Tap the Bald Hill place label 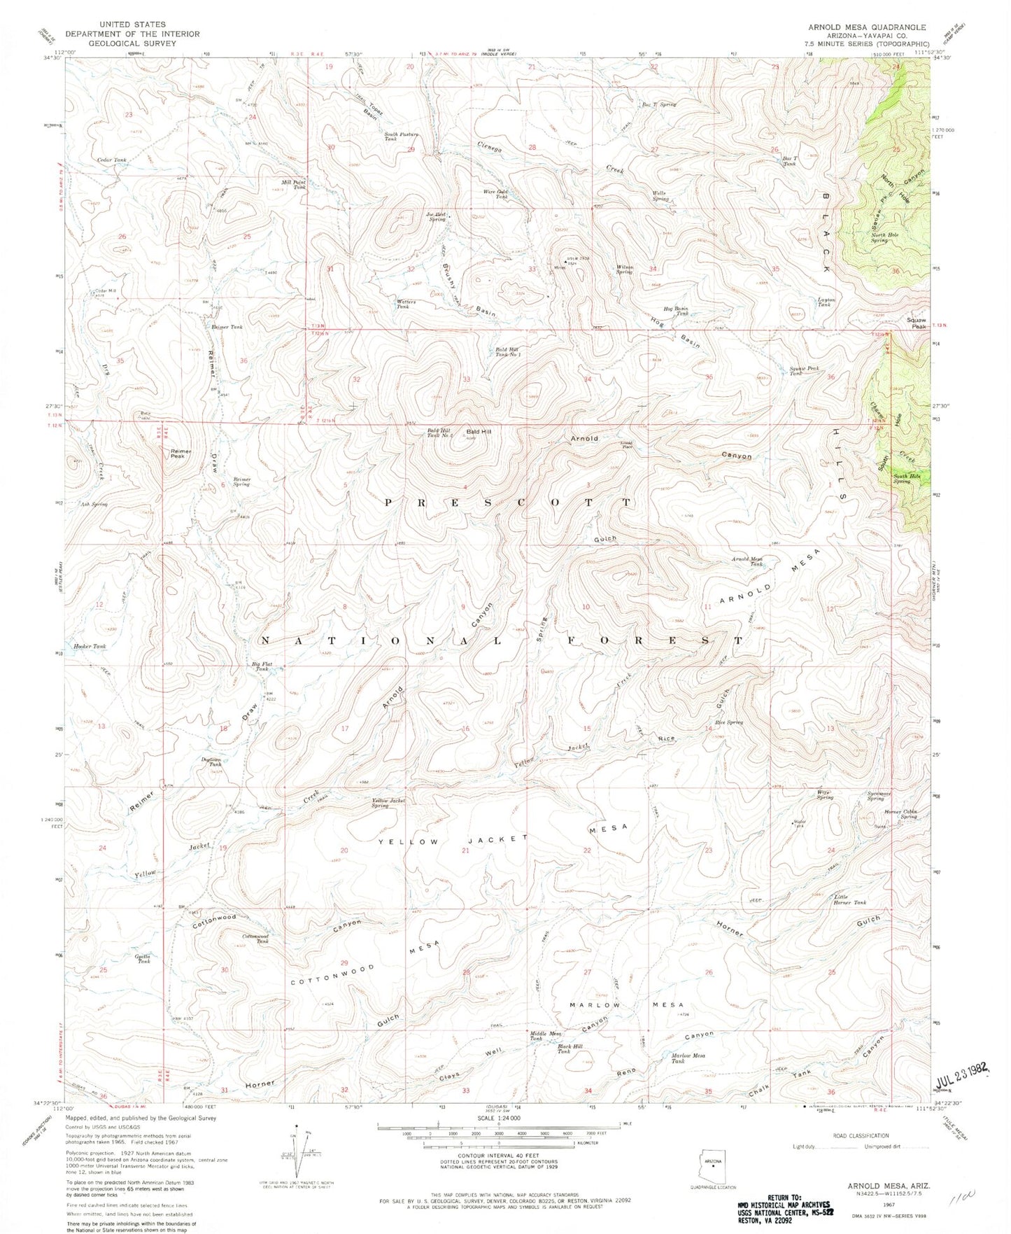click(x=479, y=432)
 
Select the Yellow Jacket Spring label click(x=390, y=804)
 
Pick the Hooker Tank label click(x=90, y=646)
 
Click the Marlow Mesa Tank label click(x=688, y=1058)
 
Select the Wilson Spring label click(x=624, y=269)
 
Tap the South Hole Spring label click(x=911, y=479)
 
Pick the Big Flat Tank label click(x=261, y=666)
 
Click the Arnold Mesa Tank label click(x=747, y=561)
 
